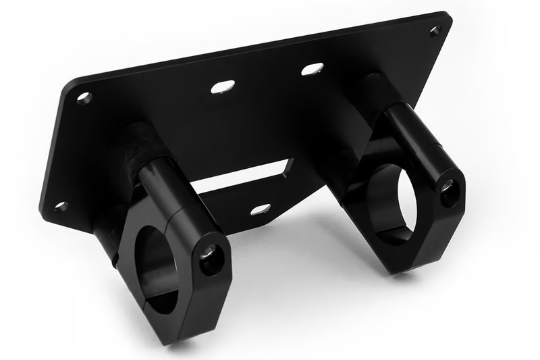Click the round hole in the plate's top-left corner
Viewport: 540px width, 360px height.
(84, 97)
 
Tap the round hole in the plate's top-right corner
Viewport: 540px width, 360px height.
(435, 30)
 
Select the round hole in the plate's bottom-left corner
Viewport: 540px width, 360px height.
(61, 206)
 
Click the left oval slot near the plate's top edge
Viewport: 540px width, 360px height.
(223, 86)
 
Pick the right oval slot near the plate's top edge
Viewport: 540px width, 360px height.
(312, 69)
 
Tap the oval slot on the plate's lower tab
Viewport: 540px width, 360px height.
(261, 209)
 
